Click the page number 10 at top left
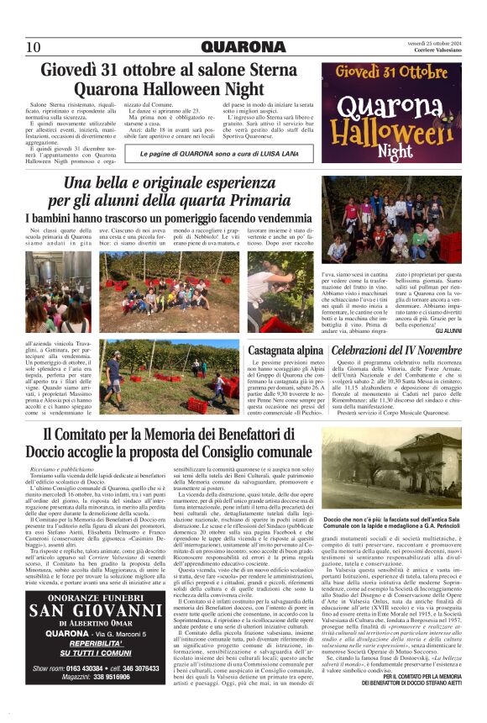tap(34, 46)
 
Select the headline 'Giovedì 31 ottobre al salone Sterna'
tap(173, 70)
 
